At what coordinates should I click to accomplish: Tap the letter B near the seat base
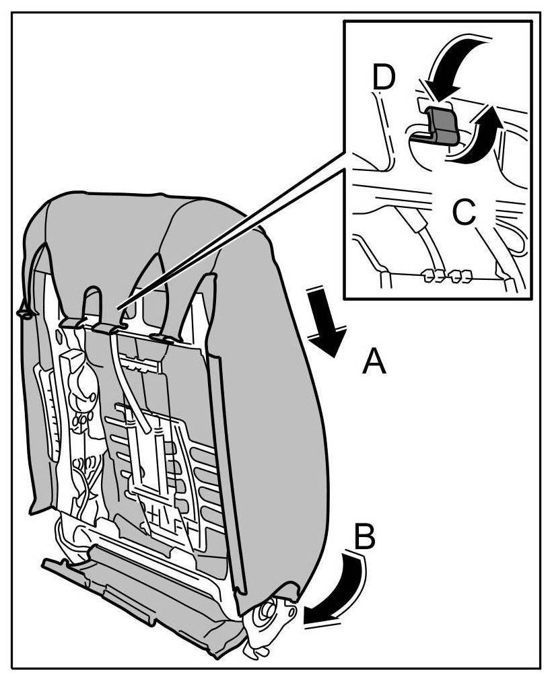[x=364, y=539]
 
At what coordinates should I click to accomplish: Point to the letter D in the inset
[x=384, y=79]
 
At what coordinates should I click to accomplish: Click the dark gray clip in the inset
[x=440, y=125]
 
